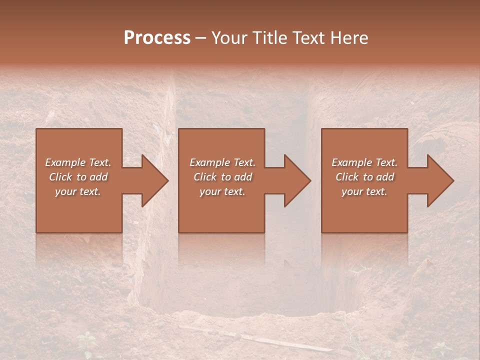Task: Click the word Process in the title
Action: (157, 38)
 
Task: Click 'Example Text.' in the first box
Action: (78, 162)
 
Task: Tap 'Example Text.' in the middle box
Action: (222, 162)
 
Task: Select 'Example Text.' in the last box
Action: (364, 162)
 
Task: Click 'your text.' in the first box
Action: (78, 191)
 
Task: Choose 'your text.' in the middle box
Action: (222, 191)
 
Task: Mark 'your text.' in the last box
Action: (364, 191)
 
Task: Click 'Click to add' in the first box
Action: (78, 177)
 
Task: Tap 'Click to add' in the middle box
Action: (222, 177)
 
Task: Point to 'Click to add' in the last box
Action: (364, 177)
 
